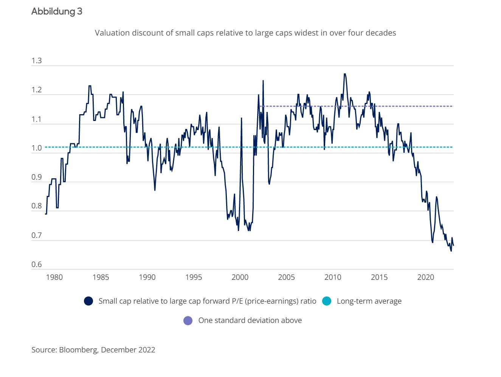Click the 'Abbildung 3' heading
(x=57, y=11)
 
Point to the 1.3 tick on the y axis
(x=37, y=61)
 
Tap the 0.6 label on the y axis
(x=37, y=264)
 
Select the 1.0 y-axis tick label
(x=37, y=148)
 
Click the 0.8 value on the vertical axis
(x=37, y=206)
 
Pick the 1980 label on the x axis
(x=54, y=277)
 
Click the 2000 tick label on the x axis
(x=240, y=277)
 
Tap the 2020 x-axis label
(x=426, y=277)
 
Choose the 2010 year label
(x=333, y=277)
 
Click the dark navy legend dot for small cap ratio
(x=88, y=301)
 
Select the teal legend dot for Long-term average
(x=327, y=301)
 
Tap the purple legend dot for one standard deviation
(x=188, y=321)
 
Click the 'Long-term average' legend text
(x=369, y=301)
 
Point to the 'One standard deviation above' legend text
(x=250, y=321)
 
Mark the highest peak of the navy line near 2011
(x=344, y=74)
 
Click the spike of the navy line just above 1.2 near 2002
(x=263, y=81)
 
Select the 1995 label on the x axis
(x=194, y=277)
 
